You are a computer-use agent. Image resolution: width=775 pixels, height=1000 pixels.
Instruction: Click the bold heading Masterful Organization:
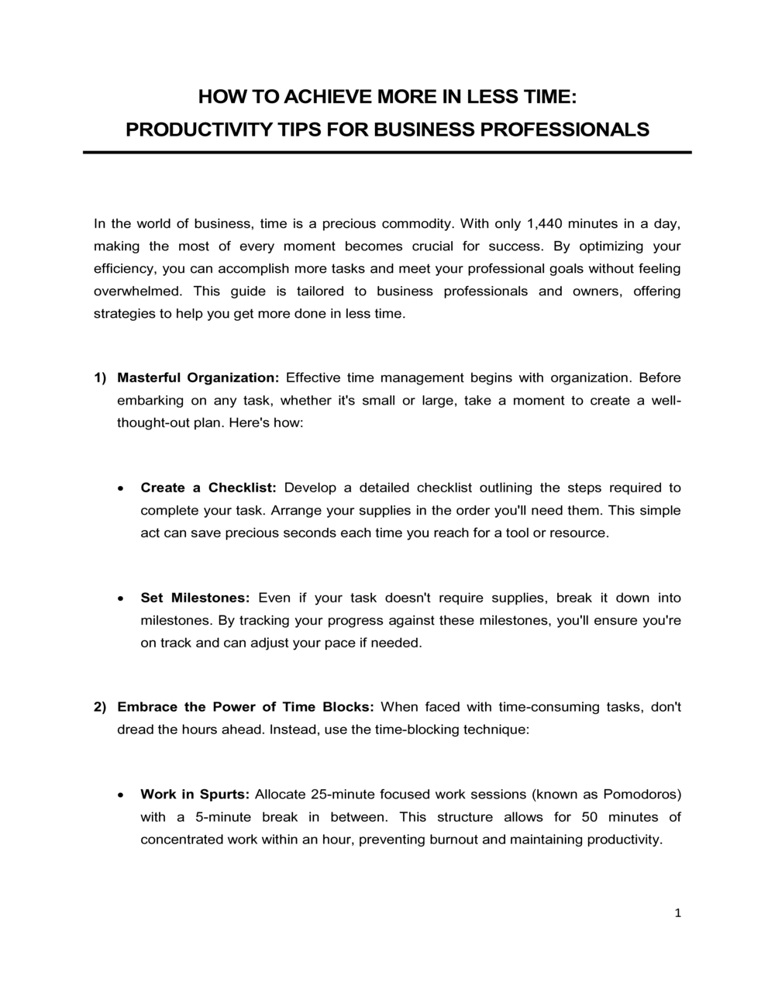coord(198,378)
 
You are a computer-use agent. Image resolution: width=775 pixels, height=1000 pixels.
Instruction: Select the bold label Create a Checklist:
coord(208,488)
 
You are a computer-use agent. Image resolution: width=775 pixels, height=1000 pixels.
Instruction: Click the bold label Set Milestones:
coord(195,598)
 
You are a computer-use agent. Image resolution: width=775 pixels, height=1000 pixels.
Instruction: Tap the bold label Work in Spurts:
coord(195,795)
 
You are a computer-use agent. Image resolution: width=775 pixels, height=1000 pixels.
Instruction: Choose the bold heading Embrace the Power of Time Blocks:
coord(246,707)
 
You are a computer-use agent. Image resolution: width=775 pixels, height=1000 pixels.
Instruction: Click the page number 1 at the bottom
coord(678,914)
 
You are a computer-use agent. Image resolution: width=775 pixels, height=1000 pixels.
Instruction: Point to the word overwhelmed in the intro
coord(138,291)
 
